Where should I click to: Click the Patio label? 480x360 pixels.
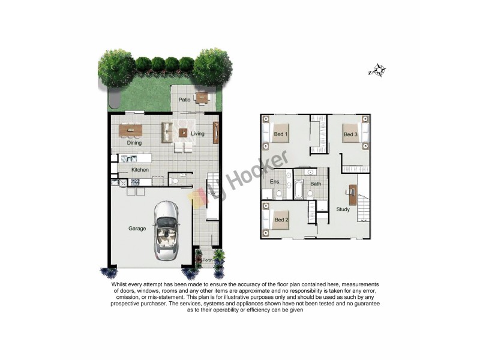pyautogui.click(x=184, y=100)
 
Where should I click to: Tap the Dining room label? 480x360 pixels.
pyautogui.click(x=134, y=143)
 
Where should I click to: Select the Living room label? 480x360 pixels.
pyautogui.click(x=198, y=134)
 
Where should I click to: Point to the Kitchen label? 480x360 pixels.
pyautogui.click(x=140, y=170)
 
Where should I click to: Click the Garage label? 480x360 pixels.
pyautogui.click(x=137, y=228)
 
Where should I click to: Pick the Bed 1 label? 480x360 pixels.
pyautogui.click(x=280, y=134)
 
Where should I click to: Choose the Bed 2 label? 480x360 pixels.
pyautogui.click(x=281, y=220)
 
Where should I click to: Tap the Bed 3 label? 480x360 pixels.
pyautogui.click(x=350, y=135)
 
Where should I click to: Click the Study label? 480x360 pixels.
pyautogui.click(x=343, y=209)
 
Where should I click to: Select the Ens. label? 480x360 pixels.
pyautogui.click(x=275, y=182)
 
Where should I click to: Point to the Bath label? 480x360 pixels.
pyautogui.click(x=316, y=184)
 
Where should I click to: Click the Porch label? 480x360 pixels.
pyautogui.click(x=208, y=260)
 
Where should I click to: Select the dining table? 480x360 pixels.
pyautogui.click(x=130, y=130)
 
